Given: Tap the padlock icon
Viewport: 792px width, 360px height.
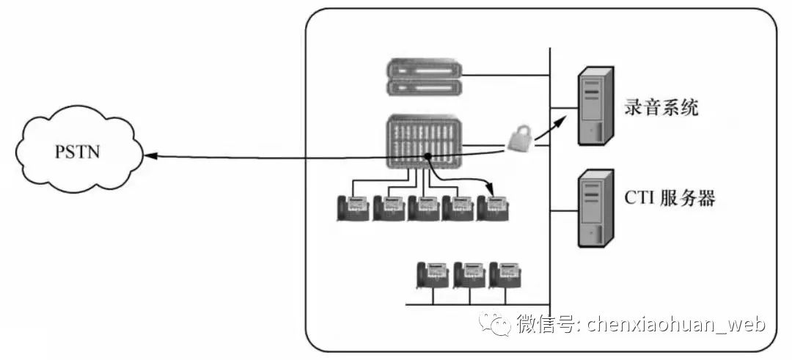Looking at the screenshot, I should (518, 137).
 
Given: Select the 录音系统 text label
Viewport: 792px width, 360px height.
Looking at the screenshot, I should (661, 109).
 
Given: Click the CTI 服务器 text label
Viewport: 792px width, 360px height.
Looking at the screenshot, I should (670, 198).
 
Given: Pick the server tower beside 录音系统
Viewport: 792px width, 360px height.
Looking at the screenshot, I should (595, 104).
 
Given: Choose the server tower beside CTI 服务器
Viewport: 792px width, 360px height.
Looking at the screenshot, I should (595, 208).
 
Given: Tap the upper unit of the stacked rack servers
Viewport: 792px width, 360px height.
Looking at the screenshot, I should (425, 71).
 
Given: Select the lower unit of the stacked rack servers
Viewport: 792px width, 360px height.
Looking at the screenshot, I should (425, 89).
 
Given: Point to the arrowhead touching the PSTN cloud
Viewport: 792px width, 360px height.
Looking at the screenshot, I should (150, 155).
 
